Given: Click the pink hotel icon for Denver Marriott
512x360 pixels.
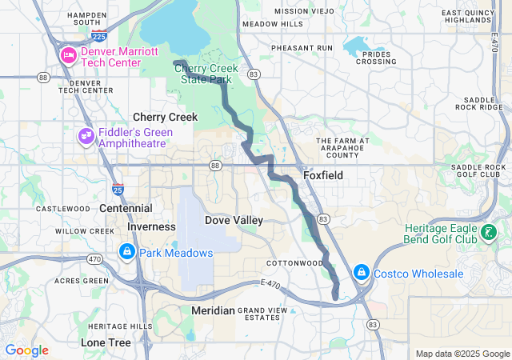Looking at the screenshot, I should [67, 54].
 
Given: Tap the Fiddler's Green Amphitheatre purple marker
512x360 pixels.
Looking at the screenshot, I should [86, 137].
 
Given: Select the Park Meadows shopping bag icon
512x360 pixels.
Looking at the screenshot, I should [126, 252].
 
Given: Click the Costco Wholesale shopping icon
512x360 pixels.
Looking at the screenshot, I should [361, 274].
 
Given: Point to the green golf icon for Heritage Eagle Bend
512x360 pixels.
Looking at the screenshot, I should [488, 234].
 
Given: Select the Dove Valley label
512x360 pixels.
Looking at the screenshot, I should [234, 220].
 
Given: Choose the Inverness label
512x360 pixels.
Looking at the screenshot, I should [150, 226].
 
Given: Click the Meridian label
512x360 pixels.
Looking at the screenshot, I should [213, 310].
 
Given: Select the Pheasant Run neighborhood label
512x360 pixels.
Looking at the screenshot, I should [301, 48].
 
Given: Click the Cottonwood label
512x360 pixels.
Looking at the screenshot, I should [294, 262].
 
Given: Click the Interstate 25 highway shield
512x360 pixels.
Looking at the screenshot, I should [118, 190].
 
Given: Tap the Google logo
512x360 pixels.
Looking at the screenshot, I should [27, 350].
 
